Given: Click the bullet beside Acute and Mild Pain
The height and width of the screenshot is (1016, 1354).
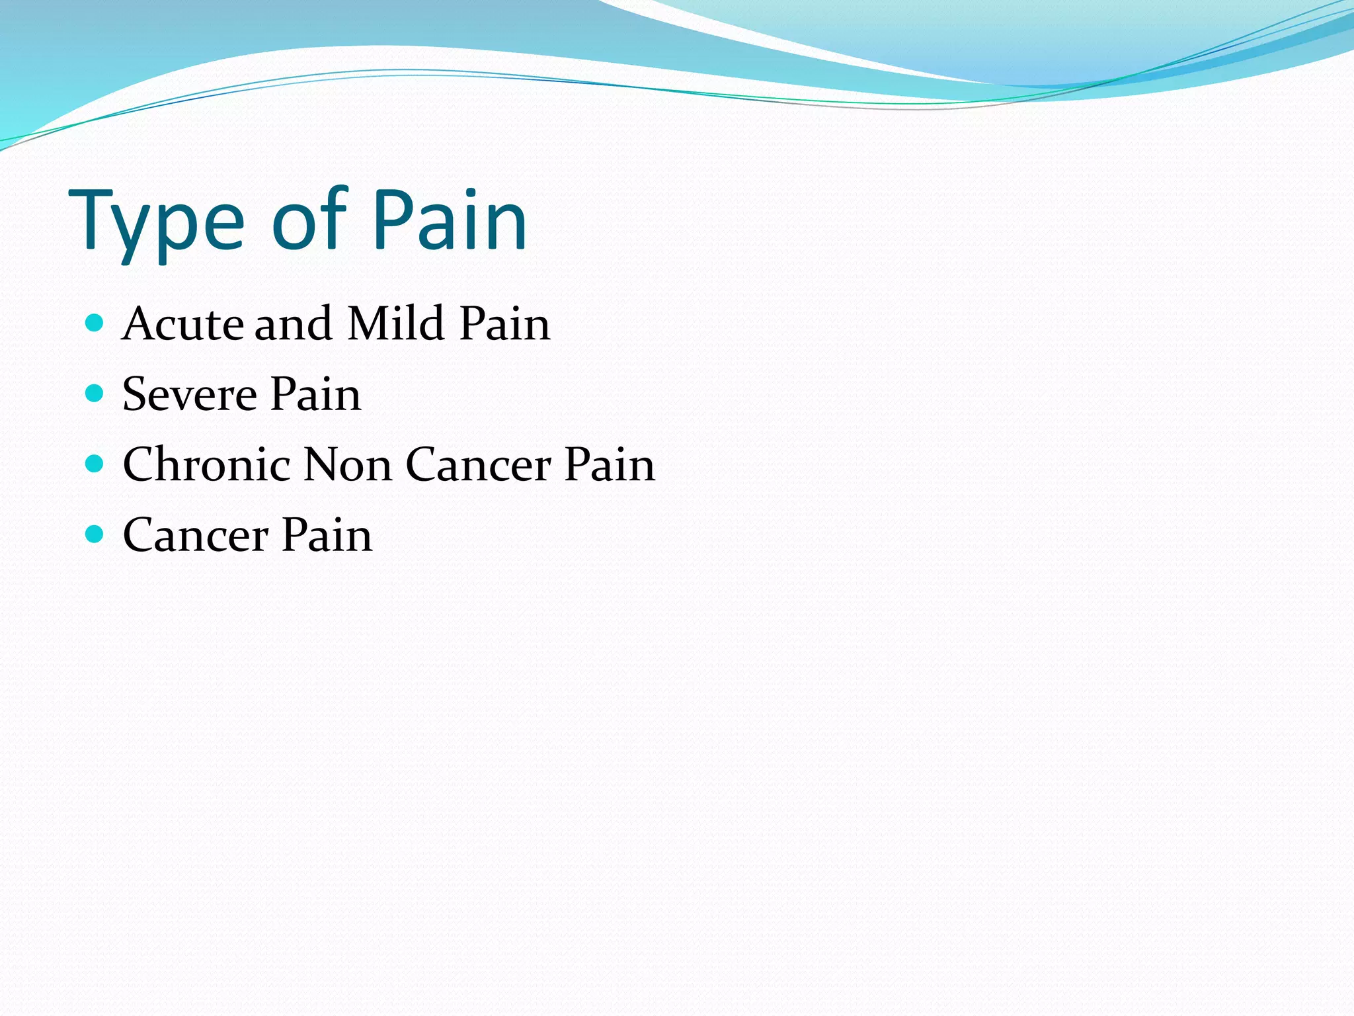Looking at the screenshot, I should point(95,323).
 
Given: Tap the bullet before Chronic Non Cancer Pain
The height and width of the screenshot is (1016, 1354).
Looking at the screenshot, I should point(95,464).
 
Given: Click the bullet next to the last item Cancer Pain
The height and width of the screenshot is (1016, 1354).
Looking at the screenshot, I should point(95,534).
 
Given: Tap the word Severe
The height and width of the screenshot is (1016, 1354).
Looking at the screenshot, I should point(190,395).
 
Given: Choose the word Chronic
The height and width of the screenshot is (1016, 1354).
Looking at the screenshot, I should point(206,464).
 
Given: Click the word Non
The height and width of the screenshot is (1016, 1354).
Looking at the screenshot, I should point(348,464).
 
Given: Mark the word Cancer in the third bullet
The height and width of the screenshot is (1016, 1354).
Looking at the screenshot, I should point(478,464).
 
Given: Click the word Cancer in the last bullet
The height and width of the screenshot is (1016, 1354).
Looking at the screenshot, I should point(196,535).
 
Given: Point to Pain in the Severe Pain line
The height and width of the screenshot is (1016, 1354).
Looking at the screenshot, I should point(316,395).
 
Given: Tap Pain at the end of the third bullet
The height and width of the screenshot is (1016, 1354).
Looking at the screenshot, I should point(610,464).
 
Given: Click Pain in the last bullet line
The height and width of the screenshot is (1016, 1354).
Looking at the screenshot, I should point(327,535).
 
